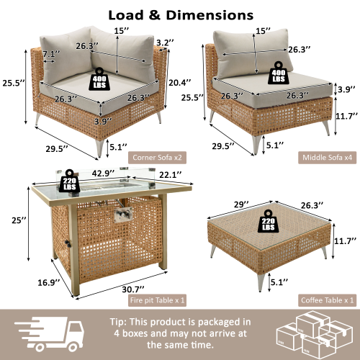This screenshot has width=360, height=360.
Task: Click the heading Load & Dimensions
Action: click(x=180, y=14)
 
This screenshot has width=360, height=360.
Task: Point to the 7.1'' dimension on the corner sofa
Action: click(x=51, y=55)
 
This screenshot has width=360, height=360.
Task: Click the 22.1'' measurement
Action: click(x=171, y=174)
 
